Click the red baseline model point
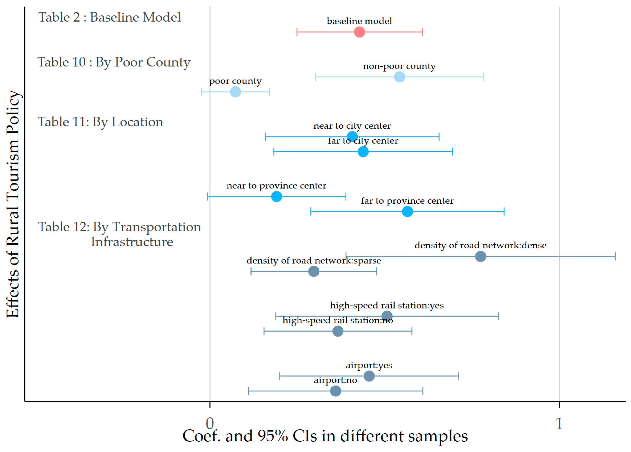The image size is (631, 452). (x=359, y=32)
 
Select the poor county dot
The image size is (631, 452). (x=235, y=92)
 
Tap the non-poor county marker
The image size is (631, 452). (x=399, y=77)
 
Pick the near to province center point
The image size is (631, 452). (x=277, y=196)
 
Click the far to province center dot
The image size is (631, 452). (x=407, y=211)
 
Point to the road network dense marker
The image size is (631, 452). (x=481, y=256)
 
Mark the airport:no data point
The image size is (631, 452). (x=336, y=391)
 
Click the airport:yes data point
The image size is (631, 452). (x=369, y=376)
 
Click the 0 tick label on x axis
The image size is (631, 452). (x=210, y=423)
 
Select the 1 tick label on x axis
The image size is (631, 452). (x=559, y=423)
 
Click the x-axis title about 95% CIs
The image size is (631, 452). (x=325, y=436)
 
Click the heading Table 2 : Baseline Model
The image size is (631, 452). (x=109, y=17)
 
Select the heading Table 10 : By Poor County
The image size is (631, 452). (x=114, y=62)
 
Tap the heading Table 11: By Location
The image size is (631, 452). (x=101, y=122)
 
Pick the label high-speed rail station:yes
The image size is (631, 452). (x=387, y=305)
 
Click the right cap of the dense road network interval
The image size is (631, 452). (x=615, y=256)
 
